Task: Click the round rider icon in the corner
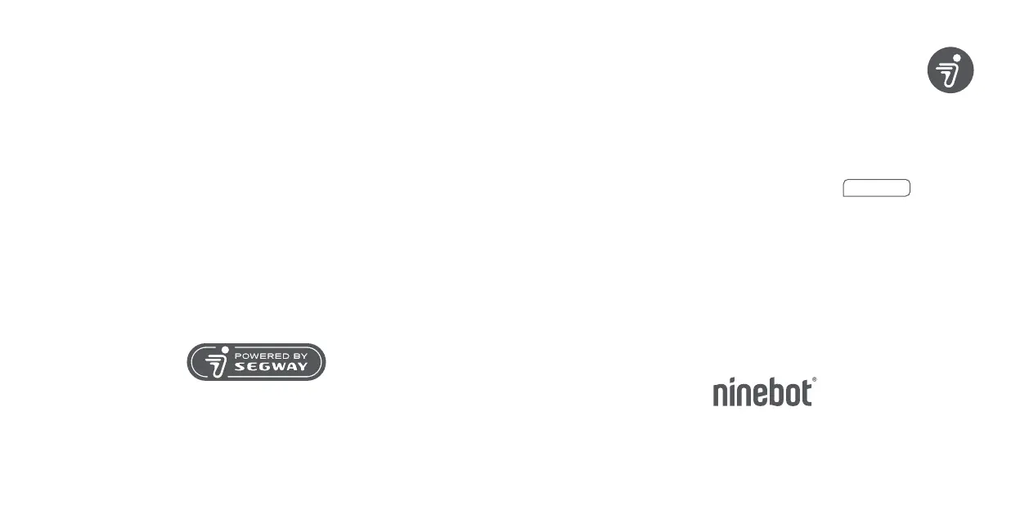(950, 69)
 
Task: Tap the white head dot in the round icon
(957, 59)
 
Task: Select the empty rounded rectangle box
(876, 188)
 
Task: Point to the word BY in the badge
(299, 356)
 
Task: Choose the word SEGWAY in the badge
(271, 368)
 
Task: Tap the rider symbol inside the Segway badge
(216, 362)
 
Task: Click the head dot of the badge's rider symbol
(224, 351)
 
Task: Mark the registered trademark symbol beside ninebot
(814, 380)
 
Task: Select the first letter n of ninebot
(721, 395)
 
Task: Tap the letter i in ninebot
(733, 392)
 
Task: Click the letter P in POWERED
(238, 356)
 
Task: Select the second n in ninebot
(744, 395)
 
